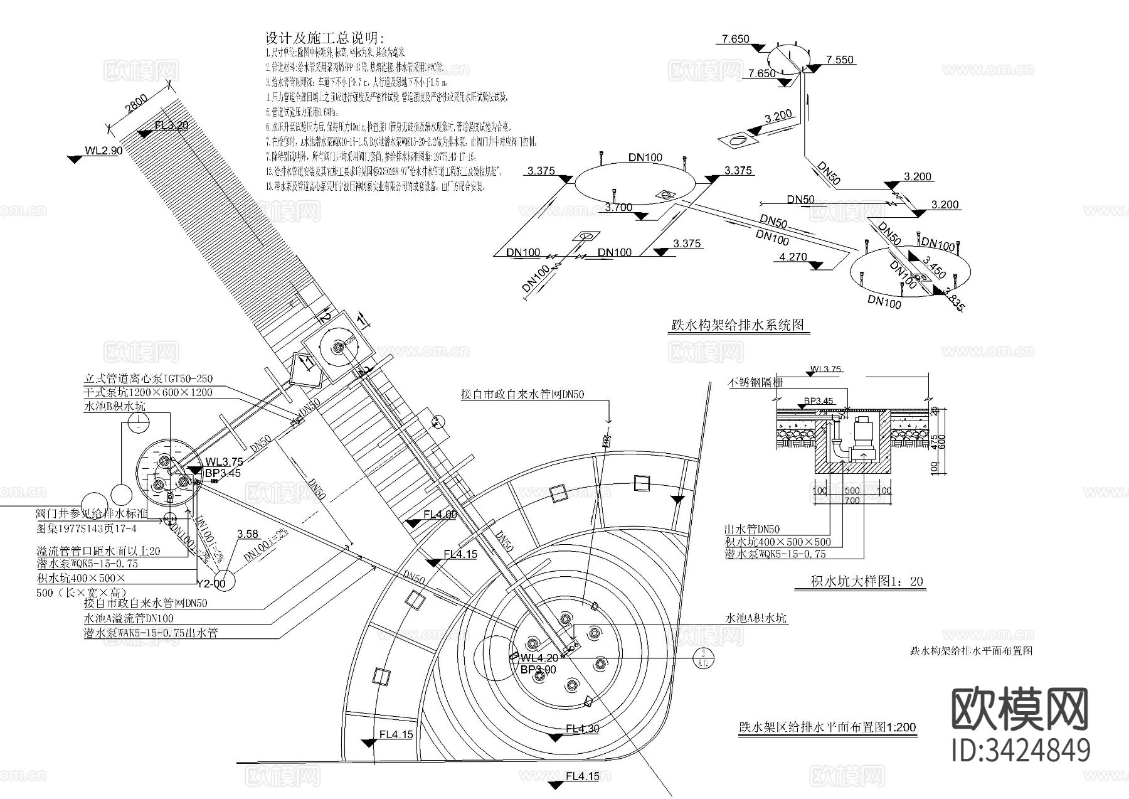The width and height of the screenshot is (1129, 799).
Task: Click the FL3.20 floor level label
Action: pyautogui.click(x=171, y=125)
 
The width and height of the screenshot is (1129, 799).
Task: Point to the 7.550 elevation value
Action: pyautogui.click(x=840, y=60)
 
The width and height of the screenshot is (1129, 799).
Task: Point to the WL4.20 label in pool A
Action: pyautogui.click(x=539, y=658)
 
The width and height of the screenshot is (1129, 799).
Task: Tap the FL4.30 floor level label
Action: pyautogui.click(x=583, y=729)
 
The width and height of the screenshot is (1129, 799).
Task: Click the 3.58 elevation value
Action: pyautogui.click(x=248, y=534)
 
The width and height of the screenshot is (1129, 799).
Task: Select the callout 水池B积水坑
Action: pyautogui.click(x=115, y=406)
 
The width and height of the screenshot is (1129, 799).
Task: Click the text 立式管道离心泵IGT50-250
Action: pyautogui.click(x=148, y=379)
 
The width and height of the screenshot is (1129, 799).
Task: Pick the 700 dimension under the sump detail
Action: pyautogui.click(x=851, y=501)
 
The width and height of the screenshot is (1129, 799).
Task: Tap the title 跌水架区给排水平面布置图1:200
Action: pyautogui.click(x=827, y=727)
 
